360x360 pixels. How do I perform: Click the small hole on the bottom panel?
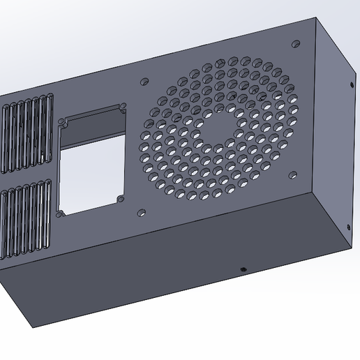coord(242,268)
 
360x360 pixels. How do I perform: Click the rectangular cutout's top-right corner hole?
coord(123,107)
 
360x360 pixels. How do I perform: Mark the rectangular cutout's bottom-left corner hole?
coord(61,213)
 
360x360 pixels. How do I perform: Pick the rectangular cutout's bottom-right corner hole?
coord(121,200)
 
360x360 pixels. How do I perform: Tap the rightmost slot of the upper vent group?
coord(50,126)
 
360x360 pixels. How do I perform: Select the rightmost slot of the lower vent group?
coord(47,213)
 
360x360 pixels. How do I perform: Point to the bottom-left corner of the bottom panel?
coord(31,327)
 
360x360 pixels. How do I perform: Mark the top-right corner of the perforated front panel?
coord(322,16)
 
